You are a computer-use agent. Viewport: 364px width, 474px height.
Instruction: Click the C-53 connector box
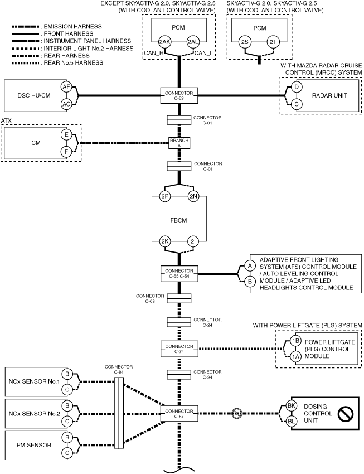179,96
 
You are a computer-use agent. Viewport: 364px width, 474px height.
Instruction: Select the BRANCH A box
179,143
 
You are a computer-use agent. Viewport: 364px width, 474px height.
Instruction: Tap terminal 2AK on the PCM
164,42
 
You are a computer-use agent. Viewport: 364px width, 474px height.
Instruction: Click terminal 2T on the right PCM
273,42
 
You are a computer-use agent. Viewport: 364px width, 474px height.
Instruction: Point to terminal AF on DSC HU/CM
66,87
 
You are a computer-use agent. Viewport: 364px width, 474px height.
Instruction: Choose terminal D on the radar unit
297,87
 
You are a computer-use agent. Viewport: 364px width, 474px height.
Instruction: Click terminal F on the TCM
66,152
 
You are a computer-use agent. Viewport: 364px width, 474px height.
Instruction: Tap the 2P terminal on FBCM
165,196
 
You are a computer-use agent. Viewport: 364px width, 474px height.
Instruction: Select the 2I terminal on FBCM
193,241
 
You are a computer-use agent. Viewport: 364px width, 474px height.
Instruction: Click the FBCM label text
178,220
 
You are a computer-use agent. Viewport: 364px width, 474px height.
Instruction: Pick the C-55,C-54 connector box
179,274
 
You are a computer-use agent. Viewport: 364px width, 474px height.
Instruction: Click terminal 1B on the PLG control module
295,341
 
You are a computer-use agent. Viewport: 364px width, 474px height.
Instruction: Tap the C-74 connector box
179,349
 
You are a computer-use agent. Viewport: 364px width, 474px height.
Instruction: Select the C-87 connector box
179,414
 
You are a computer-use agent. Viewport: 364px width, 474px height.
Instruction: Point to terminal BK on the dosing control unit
291,405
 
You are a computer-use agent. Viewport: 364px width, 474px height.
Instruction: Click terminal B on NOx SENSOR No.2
67,405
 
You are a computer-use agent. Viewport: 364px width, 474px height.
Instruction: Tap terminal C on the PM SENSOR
67,453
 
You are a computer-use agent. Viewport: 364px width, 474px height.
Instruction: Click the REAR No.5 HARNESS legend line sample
26,63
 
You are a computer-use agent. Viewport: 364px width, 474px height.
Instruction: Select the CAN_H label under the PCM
154,53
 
